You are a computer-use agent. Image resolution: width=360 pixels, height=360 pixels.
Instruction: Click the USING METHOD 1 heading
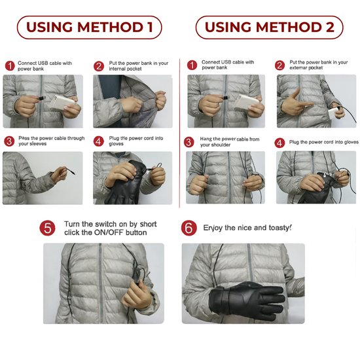pyautogui.click(x=89, y=27)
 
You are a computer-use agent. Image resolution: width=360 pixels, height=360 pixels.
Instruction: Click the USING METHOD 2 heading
pyautogui.click(x=269, y=27)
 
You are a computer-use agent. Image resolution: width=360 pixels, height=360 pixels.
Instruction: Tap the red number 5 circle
pyautogui.click(x=48, y=228)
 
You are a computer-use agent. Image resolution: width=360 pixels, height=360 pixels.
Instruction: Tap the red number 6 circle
pyautogui.click(x=189, y=228)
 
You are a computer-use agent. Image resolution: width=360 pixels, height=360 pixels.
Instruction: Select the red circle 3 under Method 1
pyautogui.click(x=9, y=141)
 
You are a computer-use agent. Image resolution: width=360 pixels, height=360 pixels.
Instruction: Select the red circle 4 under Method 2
pyautogui.click(x=279, y=142)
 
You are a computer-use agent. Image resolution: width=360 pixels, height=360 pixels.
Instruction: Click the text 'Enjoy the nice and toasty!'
pyautogui.click(x=247, y=228)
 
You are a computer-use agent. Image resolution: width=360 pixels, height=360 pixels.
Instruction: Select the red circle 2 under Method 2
pyautogui.click(x=279, y=65)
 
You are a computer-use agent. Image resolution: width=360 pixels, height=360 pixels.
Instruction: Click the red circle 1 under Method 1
pyautogui.click(x=9, y=65)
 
